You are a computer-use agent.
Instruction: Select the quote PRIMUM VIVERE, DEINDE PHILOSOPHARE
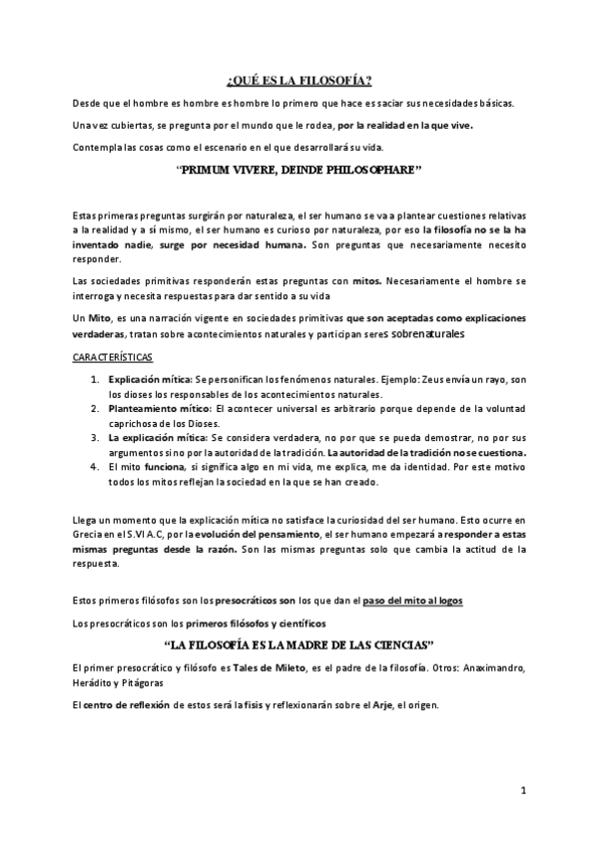(x=299, y=172)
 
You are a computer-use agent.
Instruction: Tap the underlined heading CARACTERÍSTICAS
(x=112, y=356)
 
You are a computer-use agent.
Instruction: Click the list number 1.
(x=95, y=380)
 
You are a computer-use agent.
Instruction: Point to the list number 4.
(x=95, y=465)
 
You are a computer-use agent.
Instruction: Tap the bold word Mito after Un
(x=100, y=316)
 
